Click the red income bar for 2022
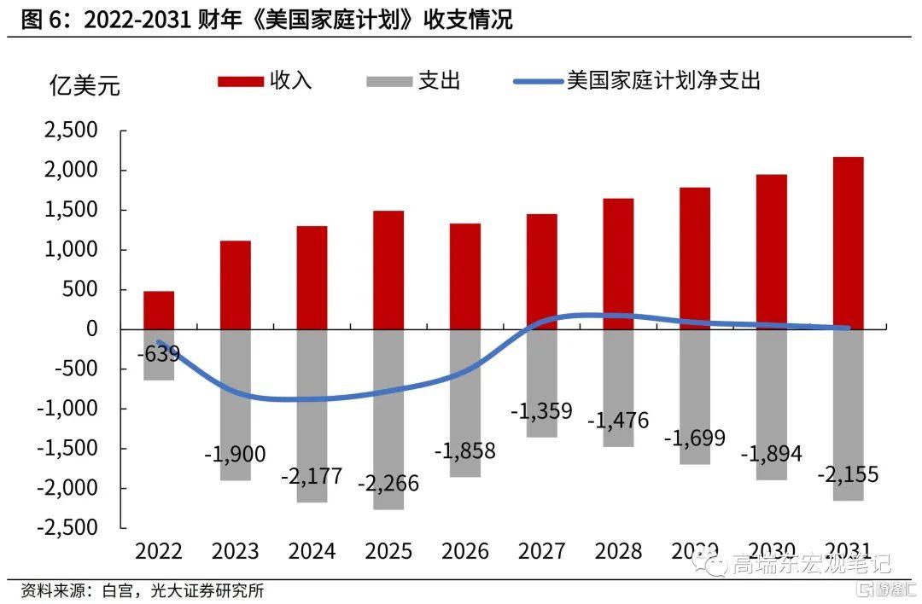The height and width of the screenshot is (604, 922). [x=159, y=310]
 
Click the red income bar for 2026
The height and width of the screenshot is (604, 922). [x=465, y=276]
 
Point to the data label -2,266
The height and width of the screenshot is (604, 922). [x=388, y=483]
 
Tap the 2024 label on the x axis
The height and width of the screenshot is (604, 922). [x=312, y=550]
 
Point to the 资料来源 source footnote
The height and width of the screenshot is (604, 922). [x=142, y=590]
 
